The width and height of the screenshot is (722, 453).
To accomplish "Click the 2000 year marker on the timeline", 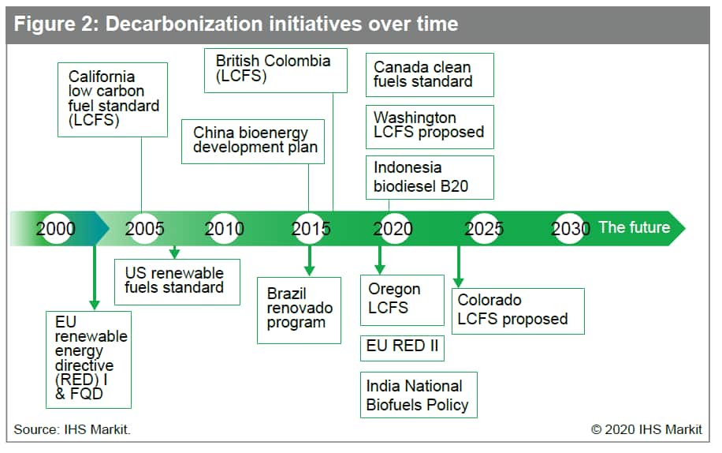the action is [56, 229].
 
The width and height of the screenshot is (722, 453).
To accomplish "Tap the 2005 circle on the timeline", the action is [144, 229].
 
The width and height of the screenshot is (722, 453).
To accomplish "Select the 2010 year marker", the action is [224, 229].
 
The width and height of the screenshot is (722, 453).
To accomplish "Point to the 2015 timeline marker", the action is [311, 229].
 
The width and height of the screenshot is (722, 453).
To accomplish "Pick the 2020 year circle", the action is [393, 229].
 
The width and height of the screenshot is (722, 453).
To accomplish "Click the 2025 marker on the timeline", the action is [484, 229].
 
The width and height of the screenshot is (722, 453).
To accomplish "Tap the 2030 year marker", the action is [571, 229].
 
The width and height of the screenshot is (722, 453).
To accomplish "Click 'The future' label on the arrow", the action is [635, 227].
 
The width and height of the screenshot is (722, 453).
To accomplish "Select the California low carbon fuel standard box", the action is [113, 99].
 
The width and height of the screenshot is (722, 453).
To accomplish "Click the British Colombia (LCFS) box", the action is [276, 70].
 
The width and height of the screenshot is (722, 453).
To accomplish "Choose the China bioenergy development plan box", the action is [253, 141].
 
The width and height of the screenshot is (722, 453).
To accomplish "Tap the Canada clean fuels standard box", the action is [430, 75].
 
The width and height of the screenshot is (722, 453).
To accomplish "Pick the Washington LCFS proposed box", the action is [430, 127].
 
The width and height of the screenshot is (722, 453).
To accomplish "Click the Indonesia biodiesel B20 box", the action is [430, 178].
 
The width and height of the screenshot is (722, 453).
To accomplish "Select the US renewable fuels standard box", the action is [177, 282].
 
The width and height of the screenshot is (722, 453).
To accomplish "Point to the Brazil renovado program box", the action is [299, 311].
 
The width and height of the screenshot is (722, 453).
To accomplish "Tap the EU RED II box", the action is [403, 348].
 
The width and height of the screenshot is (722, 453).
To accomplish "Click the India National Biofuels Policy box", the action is [419, 395].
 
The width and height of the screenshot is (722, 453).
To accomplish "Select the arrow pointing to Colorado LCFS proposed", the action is [459, 267].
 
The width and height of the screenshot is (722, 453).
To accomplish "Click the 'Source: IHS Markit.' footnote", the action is [73, 429].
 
